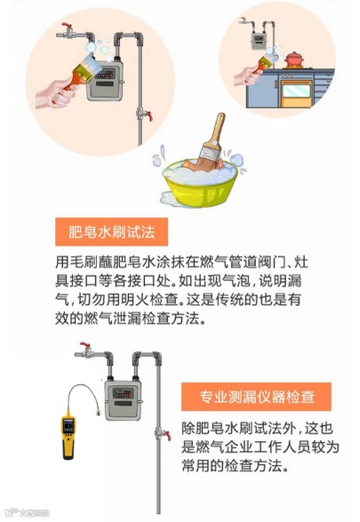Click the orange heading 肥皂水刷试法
[111, 232]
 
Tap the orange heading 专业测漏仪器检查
[256, 397]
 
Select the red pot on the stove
[294, 60]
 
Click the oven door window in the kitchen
[296, 91]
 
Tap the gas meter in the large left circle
[105, 80]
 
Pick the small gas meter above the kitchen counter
[259, 41]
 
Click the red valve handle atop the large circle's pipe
[67, 25]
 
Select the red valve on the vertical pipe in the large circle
[149, 116]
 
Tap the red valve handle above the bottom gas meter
[85, 345]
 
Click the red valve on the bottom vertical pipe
[168, 436]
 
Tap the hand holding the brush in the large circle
[55, 94]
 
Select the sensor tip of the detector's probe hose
[98, 414]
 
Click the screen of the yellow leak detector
[68, 425]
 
